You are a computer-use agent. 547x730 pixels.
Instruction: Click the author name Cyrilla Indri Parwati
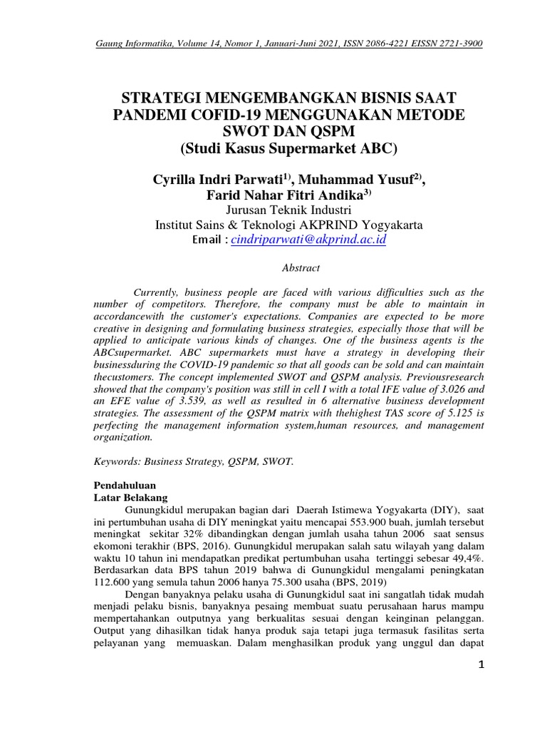214,180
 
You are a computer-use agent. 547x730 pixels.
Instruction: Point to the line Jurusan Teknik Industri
288,210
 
